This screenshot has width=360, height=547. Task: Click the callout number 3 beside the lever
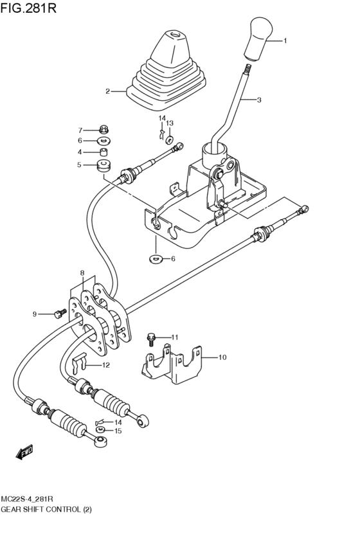pos(258,100)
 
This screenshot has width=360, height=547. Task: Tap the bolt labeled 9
pos(60,314)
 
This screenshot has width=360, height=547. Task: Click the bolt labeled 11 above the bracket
pos(152,336)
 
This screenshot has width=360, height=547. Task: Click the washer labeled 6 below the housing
pos(155,259)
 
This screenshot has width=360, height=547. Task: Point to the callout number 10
pos(222,357)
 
